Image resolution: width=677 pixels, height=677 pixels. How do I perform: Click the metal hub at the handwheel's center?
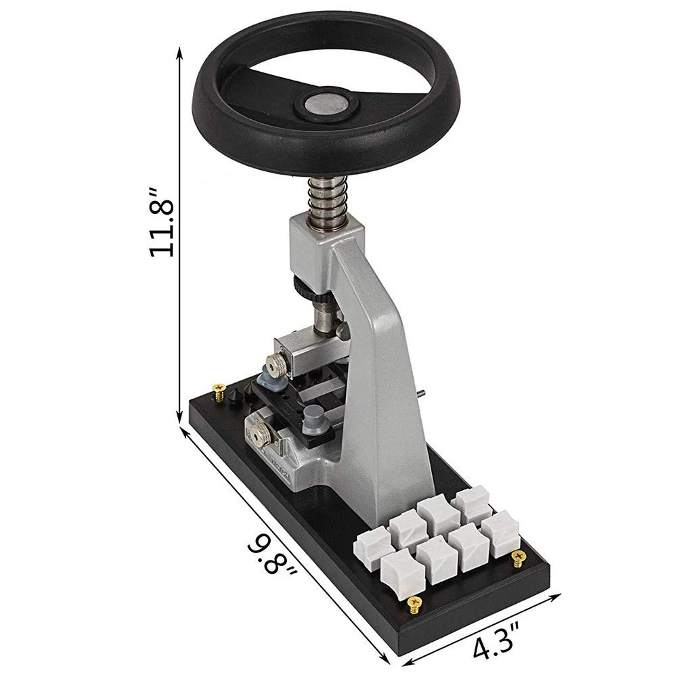(326, 104)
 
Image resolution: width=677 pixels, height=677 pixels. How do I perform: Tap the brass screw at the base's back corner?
(220, 392)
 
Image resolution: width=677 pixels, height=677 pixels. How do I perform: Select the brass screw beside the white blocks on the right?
(518, 559)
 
